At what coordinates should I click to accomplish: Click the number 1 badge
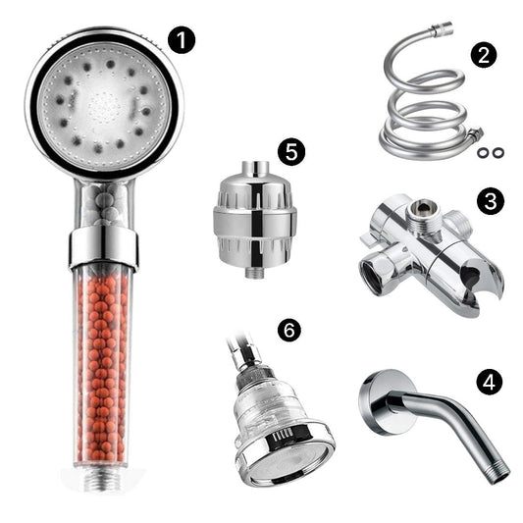click(x=181, y=40)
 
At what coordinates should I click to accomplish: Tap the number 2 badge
click(x=484, y=55)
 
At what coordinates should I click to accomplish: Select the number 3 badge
click(x=490, y=201)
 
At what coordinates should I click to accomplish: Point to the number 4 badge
click(x=489, y=382)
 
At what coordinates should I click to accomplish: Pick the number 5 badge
click(x=291, y=153)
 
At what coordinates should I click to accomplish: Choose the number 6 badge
click(x=288, y=331)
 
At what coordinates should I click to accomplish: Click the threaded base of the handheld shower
click(x=103, y=480)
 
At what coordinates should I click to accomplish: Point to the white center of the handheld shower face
click(x=104, y=106)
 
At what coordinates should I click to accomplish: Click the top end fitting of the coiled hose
click(x=441, y=28)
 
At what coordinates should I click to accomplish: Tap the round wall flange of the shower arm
click(x=381, y=402)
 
